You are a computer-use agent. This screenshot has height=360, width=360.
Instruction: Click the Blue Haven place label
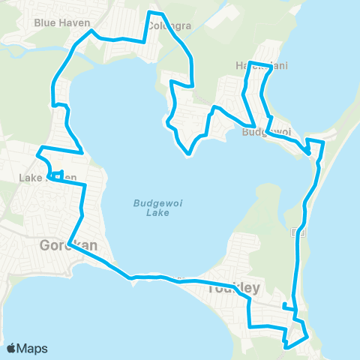tap(56, 22)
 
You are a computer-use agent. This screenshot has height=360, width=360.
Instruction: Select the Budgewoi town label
tap(267, 133)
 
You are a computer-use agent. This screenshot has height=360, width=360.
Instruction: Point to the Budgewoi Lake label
tap(151, 207)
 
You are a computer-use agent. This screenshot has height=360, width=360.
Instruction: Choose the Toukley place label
tap(234, 287)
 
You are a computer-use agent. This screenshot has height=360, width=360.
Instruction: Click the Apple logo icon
tap(12, 348)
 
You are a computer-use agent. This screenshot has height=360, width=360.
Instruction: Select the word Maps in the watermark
tap(34, 348)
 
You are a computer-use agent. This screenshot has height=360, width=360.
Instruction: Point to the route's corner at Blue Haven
tap(91, 32)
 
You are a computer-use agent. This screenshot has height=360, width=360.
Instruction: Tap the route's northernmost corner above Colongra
tap(153, 13)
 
